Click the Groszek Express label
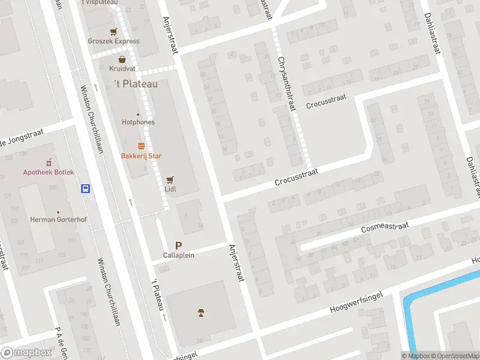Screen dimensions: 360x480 (x=113, y=41)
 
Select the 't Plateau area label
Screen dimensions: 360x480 (x=136, y=84)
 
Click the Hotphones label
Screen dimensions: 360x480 (x=138, y=122)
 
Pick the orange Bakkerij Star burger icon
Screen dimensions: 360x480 (x=142, y=146)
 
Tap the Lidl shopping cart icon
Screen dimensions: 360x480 (x=170, y=179)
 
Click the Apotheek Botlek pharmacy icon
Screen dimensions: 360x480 (x=49, y=163)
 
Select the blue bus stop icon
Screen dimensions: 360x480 (x=86, y=188)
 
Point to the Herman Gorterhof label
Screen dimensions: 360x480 (x=58, y=220)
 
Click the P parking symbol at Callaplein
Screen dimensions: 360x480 (x=178, y=245)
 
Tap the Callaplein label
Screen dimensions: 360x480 (x=178, y=255)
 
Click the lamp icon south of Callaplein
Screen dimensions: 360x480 (x=201, y=312)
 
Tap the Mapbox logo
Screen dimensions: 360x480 (x=26, y=353)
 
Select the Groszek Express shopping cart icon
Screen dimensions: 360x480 (x=113, y=32)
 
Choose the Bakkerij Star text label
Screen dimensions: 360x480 (x=141, y=156)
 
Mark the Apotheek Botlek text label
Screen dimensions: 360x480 (x=49, y=172)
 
